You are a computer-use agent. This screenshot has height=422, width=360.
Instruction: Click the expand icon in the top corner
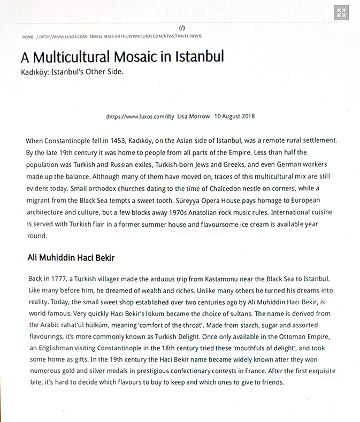(x=341, y=13)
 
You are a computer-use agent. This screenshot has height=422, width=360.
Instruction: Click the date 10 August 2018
(x=234, y=116)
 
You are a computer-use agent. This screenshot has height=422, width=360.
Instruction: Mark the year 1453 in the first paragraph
(x=112, y=141)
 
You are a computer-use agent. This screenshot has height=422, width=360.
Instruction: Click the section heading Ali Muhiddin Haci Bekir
(x=71, y=257)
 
